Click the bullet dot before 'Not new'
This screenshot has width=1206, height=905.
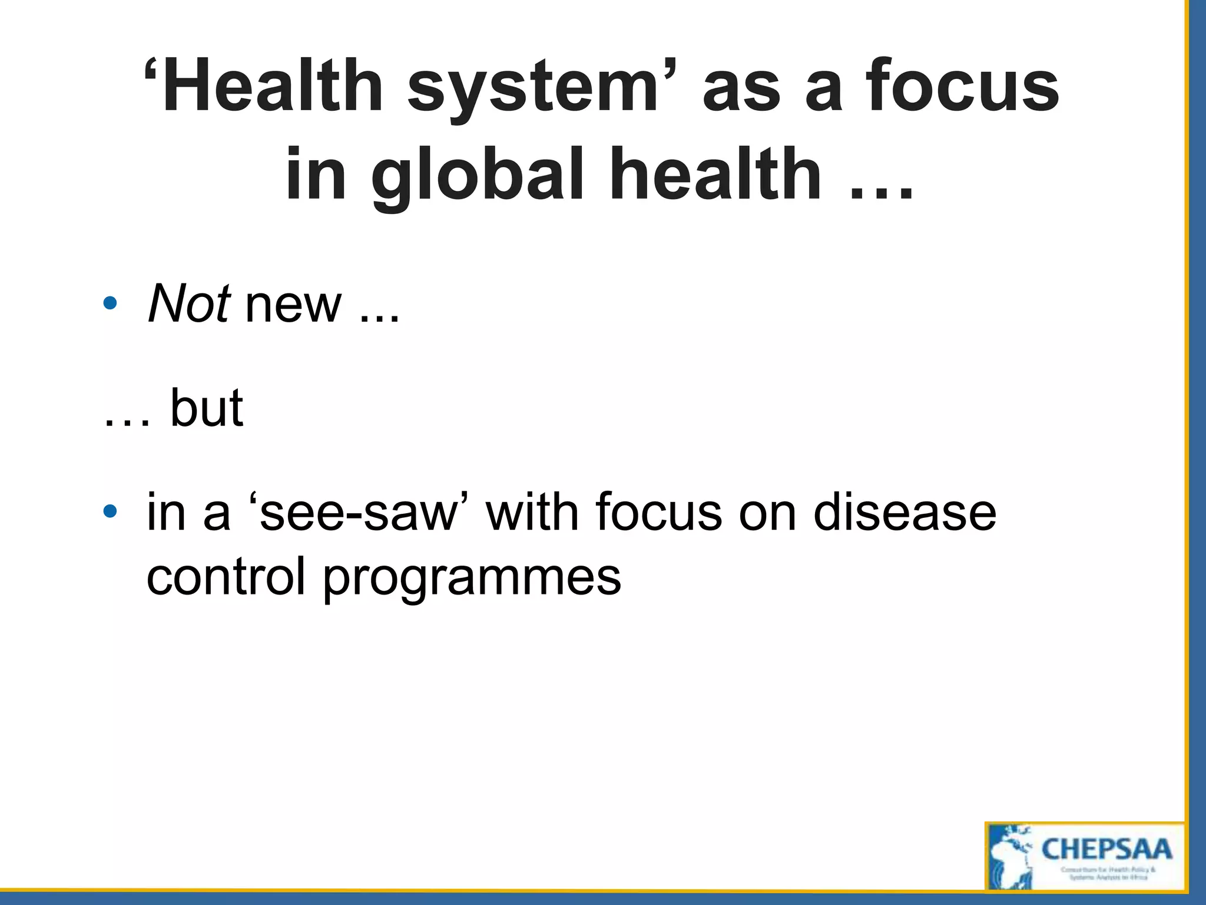(110, 304)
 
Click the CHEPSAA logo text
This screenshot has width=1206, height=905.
(1107, 850)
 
